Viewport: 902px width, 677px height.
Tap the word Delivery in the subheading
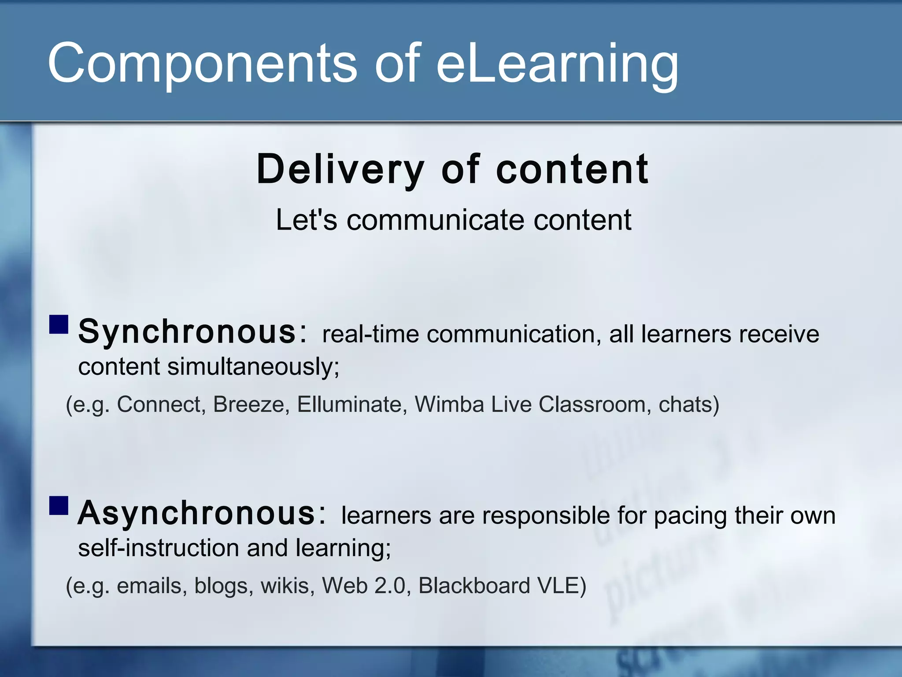pyautogui.click(x=340, y=169)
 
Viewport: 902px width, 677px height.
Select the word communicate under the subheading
pyautogui.click(x=436, y=220)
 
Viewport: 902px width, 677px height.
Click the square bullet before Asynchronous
pyautogui.click(x=59, y=506)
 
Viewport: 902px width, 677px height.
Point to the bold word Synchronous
pyautogui.click(x=187, y=332)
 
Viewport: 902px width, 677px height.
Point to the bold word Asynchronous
pyautogui.click(x=196, y=513)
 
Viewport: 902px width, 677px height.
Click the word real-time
pyautogui.click(x=370, y=334)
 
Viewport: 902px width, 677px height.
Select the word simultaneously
pyautogui.click(x=253, y=367)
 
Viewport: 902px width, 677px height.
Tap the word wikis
pyautogui.click(x=287, y=586)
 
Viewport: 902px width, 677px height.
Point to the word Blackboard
pyautogui.click(x=474, y=586)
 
